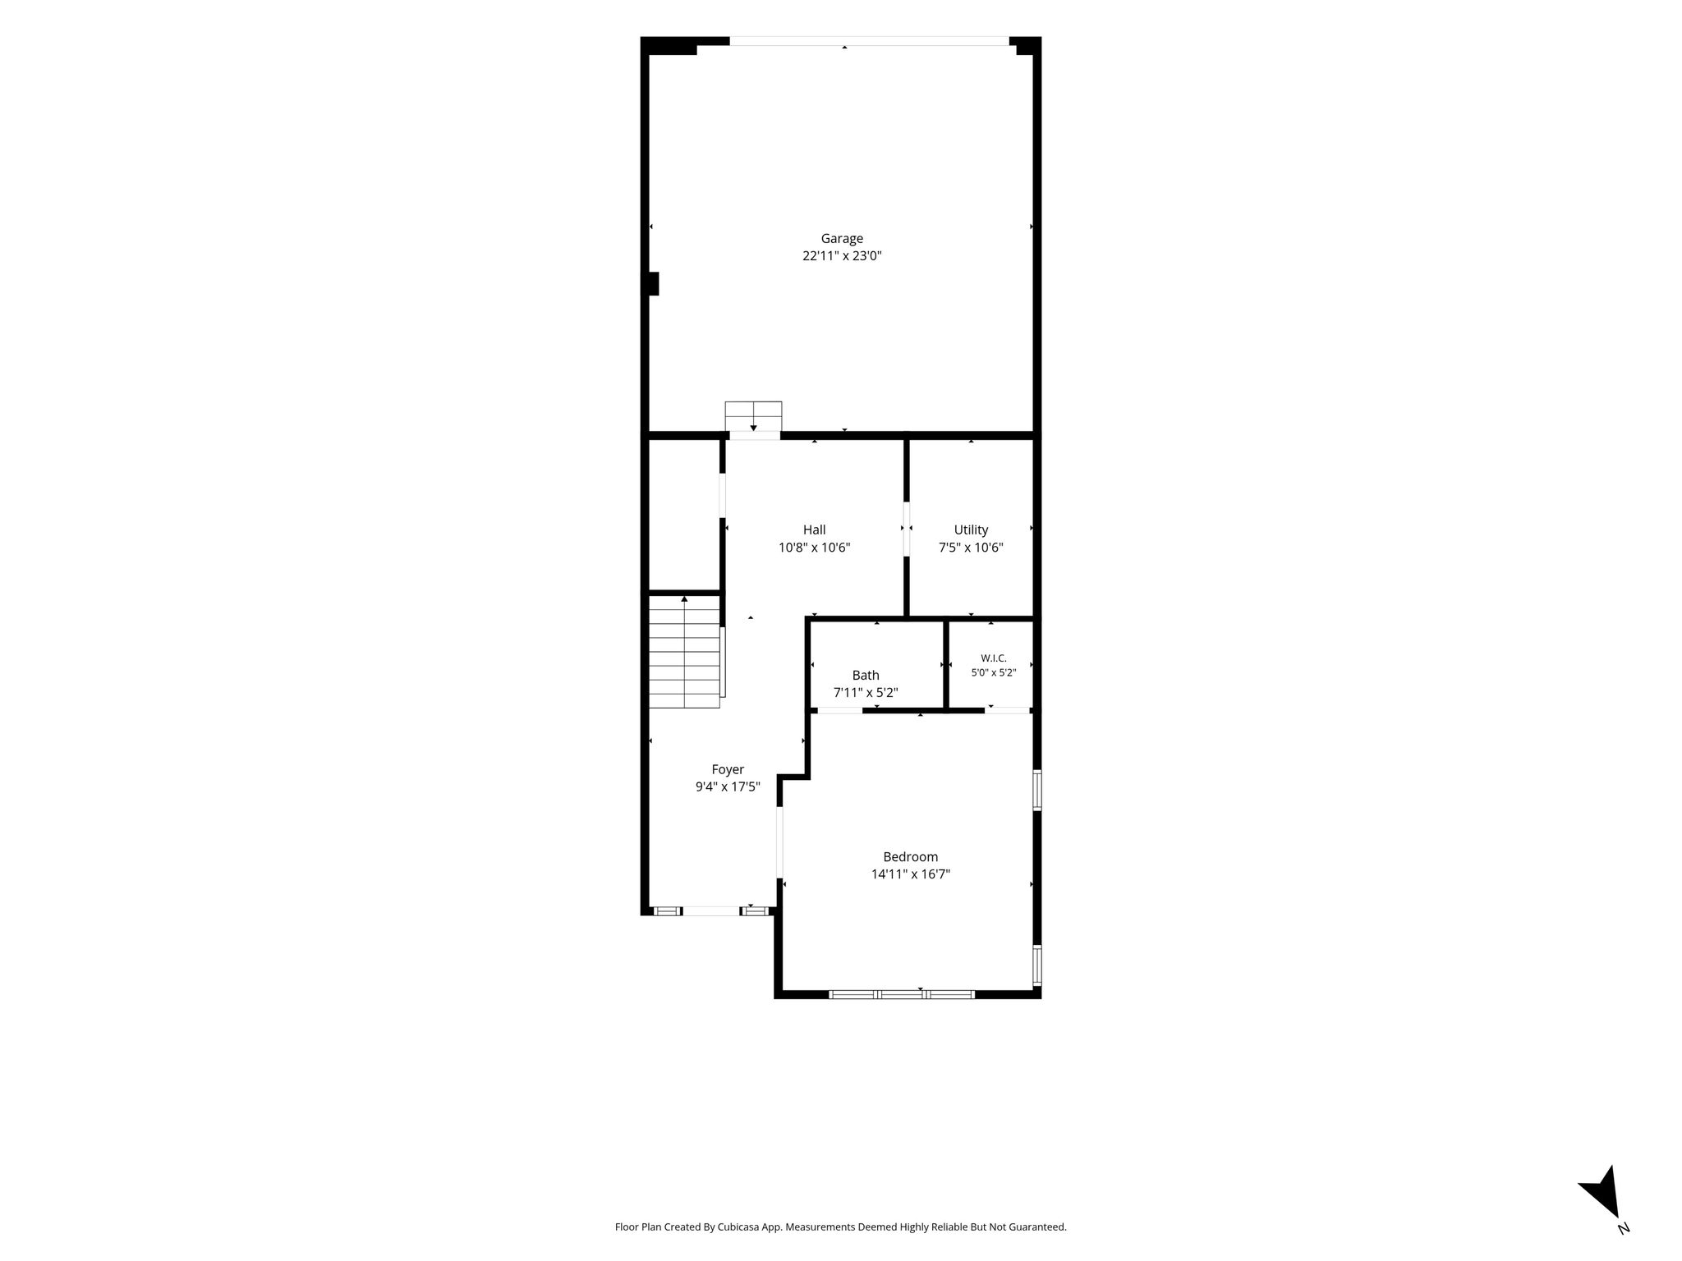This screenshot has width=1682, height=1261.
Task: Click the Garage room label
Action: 842,239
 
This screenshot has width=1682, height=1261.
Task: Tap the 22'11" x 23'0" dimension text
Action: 842,256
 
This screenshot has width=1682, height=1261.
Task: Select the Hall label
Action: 814,530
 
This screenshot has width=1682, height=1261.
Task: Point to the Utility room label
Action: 971,530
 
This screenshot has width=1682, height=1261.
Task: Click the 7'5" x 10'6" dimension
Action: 971,548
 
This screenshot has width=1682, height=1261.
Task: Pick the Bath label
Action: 866,675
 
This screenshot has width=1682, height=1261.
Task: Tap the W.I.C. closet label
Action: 994,658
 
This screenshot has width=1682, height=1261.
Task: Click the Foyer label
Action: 728,769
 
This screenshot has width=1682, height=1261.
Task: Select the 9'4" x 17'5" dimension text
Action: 728,786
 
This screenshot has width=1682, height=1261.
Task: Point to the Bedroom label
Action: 911,857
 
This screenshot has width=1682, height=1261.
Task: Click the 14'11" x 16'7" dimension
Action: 911,874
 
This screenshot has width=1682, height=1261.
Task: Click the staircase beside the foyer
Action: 685,651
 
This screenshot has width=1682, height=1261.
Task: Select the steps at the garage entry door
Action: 753,416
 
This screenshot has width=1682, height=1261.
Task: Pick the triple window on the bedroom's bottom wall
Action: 902,994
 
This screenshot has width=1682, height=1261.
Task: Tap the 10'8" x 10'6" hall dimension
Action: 814,548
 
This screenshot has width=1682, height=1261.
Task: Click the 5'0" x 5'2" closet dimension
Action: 994,672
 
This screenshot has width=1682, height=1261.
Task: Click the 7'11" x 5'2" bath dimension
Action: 866,693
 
